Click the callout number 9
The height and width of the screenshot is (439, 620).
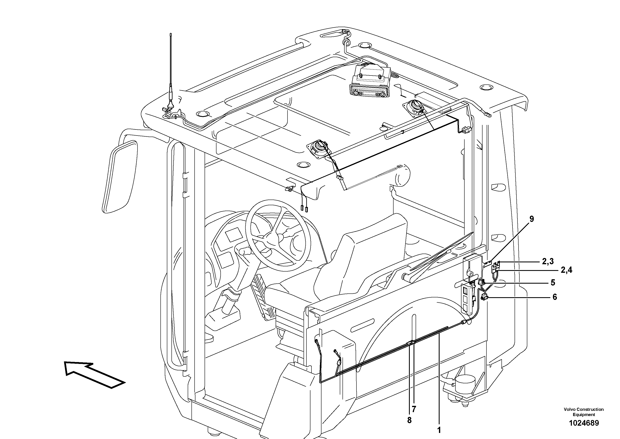click(x=531, y=219)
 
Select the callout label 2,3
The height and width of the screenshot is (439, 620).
click(x=548, y=261)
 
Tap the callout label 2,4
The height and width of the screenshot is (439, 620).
click(x=566, y=270)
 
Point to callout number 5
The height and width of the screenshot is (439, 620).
click(x=553, y=283)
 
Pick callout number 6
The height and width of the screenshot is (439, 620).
click(x=555, y=297)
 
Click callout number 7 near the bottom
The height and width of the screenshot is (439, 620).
click(x=414, y=409)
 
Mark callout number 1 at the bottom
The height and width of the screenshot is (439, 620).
click(x=439, y=430)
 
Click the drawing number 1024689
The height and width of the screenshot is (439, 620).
click(x=584, y=423)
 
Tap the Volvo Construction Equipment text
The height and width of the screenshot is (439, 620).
click(x=584, y=412)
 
